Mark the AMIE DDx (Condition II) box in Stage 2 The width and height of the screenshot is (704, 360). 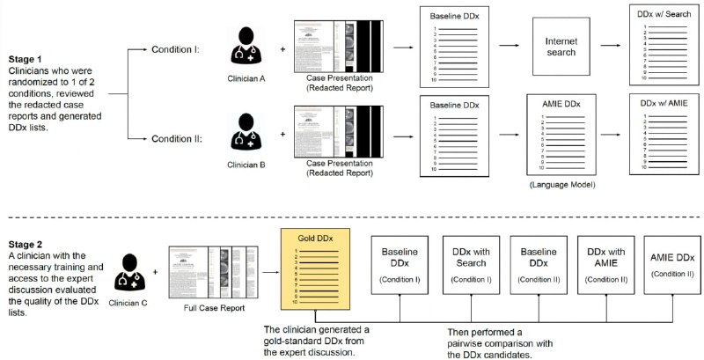[x=673, y=264]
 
